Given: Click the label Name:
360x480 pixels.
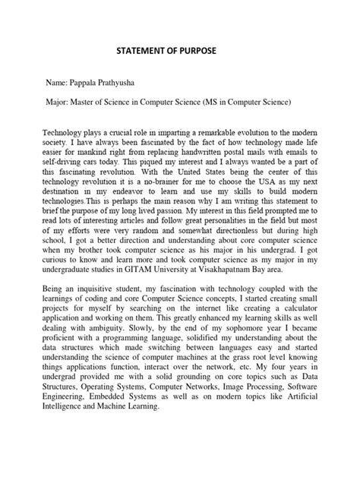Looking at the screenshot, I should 56,79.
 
